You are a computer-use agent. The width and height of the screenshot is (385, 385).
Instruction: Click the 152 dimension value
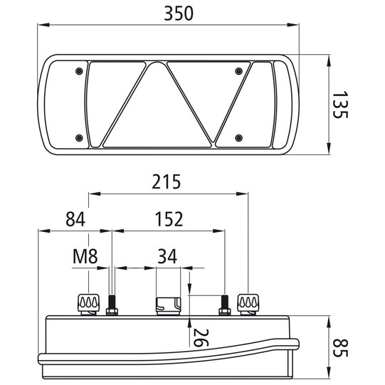pos(168,219)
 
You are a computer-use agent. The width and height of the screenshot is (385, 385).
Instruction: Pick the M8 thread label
pos(85,257)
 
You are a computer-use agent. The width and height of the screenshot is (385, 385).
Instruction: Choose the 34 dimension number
pos(168,257)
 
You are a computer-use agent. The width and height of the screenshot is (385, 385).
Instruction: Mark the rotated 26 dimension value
pos(200,335)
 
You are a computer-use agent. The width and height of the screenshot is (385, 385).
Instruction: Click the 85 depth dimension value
pos(344,348)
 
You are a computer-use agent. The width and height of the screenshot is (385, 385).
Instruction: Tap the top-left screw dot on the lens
pos(78,70)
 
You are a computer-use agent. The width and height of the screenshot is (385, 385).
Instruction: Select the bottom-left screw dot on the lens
pos(78,137)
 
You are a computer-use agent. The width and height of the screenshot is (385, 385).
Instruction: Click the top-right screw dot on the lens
pos(240,70)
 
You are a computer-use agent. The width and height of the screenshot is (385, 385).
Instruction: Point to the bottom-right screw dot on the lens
pos(240,137)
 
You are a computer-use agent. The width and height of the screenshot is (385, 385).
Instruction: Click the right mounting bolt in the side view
pos(223,305)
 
